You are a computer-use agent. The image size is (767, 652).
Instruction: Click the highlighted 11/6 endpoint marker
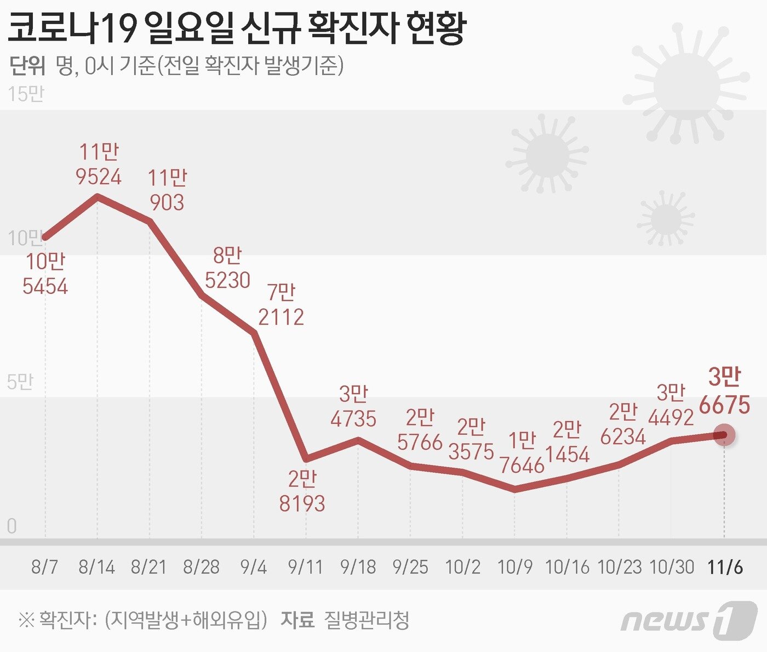[725, 435]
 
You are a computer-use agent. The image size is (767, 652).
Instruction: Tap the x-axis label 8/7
[45, 566]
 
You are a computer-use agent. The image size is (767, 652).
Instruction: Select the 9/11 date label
[306, 566]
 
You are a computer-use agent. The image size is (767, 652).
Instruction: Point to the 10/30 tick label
[672, 566]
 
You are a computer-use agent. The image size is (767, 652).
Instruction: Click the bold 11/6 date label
[725, 566]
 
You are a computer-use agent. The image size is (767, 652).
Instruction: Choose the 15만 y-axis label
[26, 94]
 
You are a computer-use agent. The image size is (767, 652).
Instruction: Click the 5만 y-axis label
[20, 382]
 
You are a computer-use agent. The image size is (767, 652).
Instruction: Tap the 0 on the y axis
[12, 526]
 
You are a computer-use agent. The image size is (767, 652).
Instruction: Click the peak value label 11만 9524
[99, 164]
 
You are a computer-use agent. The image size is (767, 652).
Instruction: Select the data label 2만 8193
[302, 491]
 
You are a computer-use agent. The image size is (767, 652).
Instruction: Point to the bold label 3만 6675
[724, 392]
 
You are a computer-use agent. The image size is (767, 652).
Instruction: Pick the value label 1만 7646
[522, 453]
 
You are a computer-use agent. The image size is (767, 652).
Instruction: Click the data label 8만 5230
[227, 268]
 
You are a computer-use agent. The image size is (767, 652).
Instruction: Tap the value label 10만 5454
[45, 274]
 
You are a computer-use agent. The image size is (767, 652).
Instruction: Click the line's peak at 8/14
[98, 195]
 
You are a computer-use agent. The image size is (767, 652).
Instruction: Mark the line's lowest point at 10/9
[515, 489]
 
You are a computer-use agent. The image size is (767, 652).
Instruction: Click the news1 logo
[689, 620]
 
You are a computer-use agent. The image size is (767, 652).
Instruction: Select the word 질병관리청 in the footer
[367, 620]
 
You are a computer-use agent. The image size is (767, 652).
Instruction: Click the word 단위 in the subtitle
[27, 66]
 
